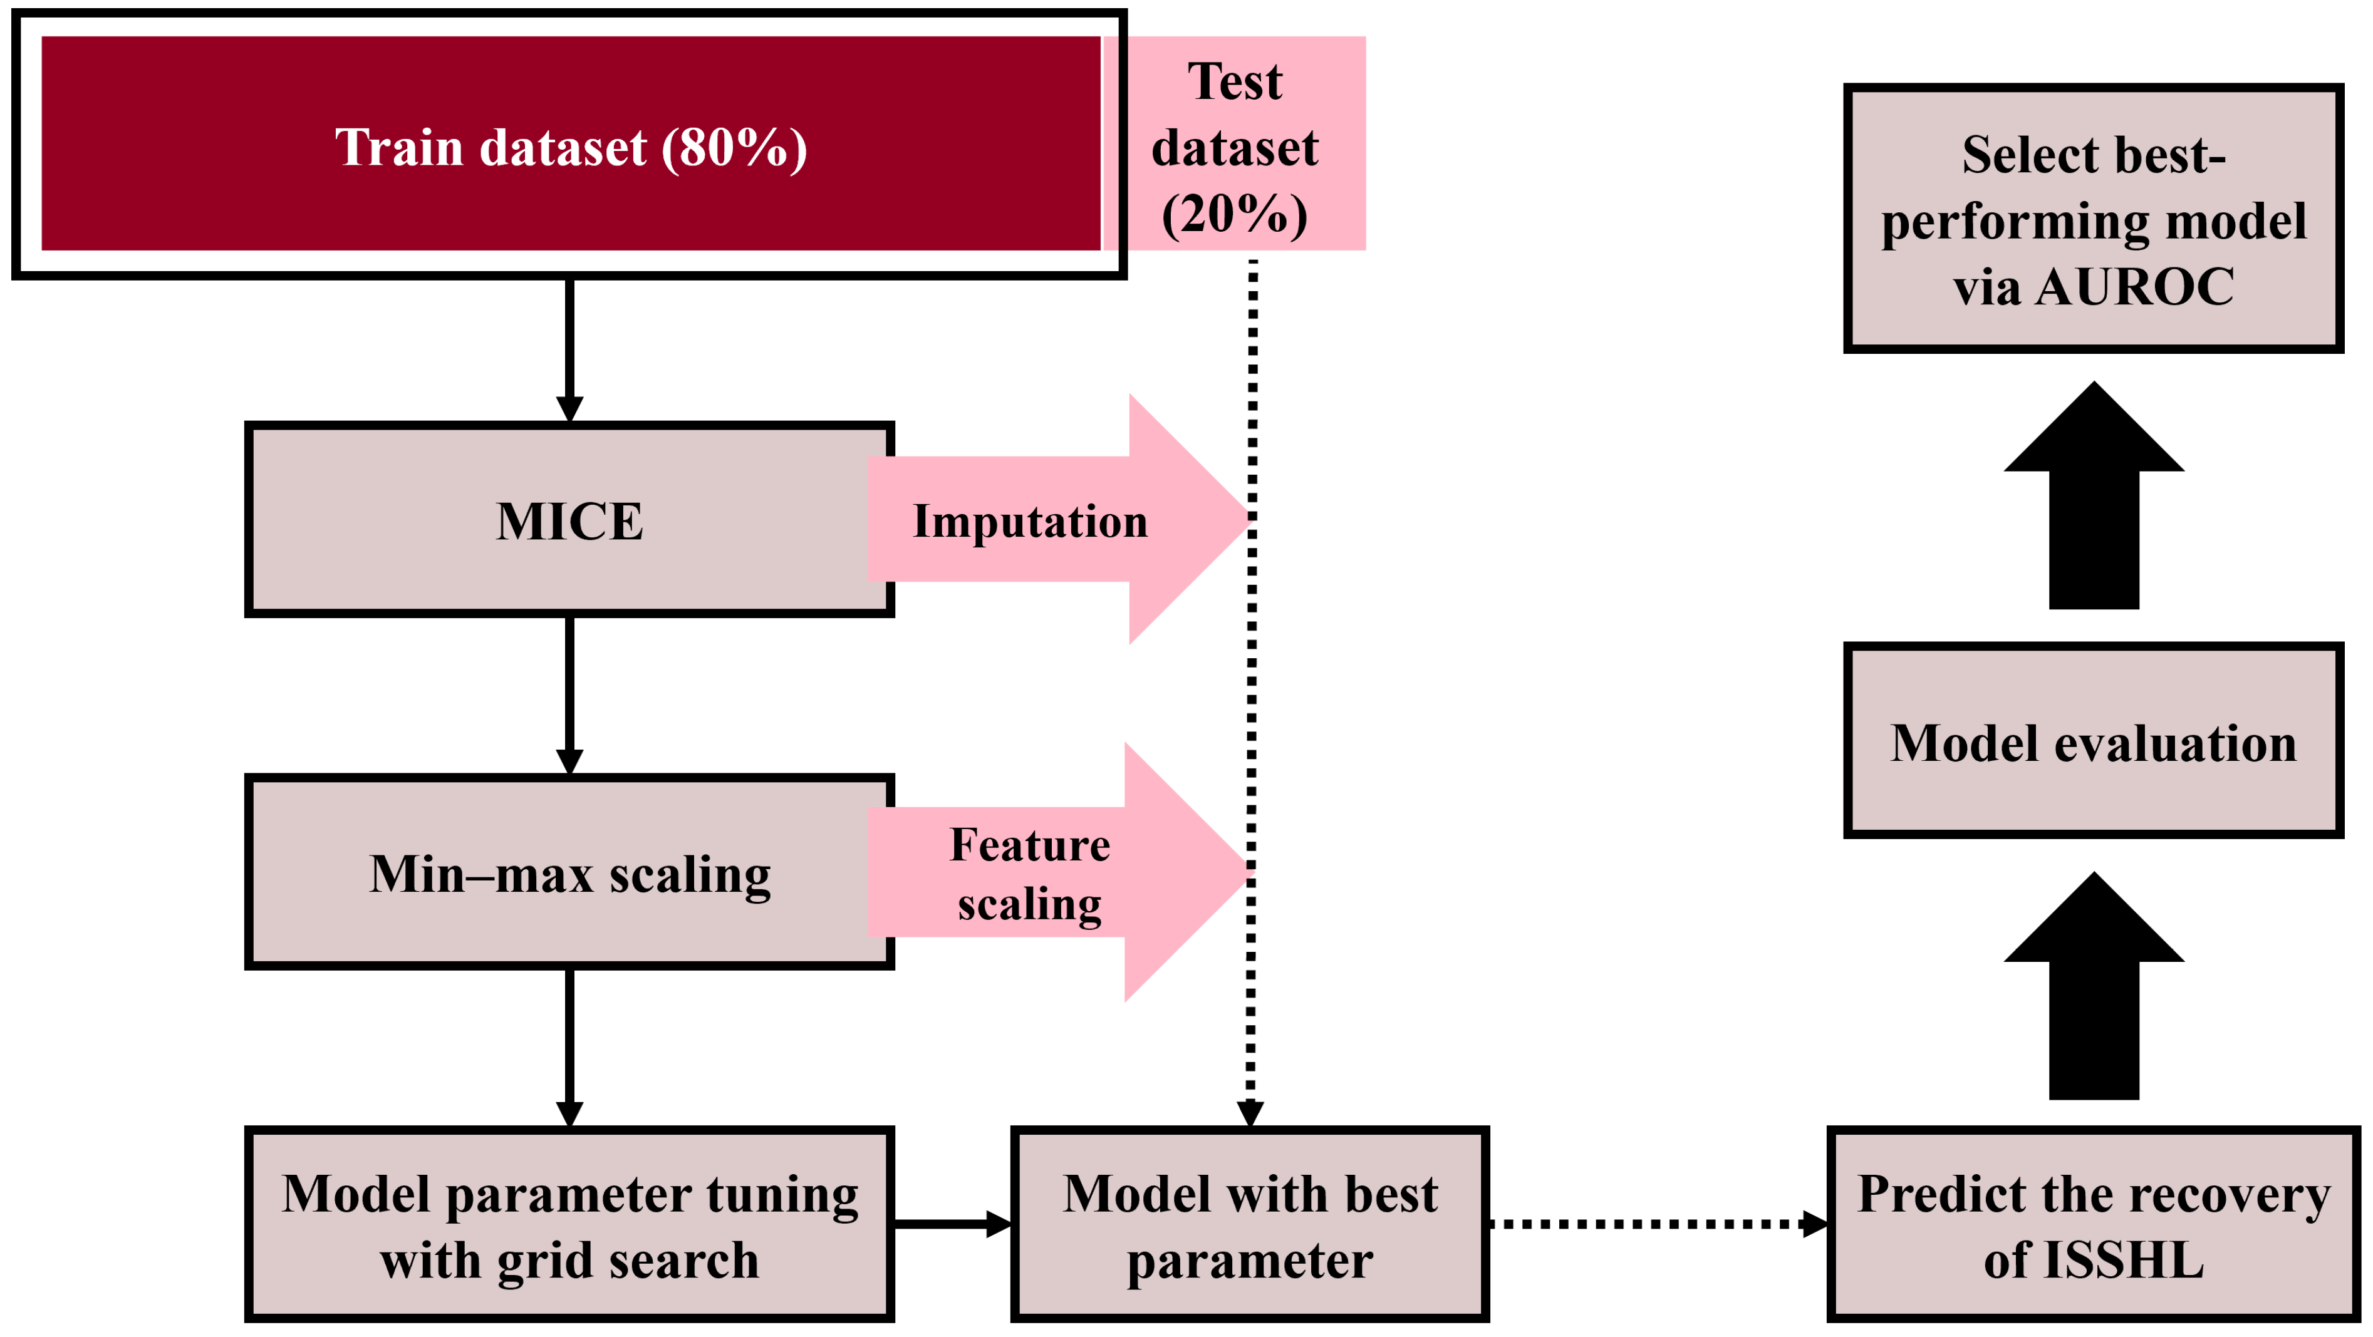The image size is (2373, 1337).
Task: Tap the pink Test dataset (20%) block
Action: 1234,143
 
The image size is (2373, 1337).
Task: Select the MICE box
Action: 569,520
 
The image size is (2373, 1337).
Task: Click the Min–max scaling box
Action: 569,873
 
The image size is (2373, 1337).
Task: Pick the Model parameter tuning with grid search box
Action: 569,1225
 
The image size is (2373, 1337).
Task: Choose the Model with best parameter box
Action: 1249,1225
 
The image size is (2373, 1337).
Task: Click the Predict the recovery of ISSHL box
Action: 2093,1225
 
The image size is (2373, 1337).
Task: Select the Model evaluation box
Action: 2093,741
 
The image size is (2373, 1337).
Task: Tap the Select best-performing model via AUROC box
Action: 2093,219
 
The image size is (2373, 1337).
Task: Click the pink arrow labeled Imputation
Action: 1059,520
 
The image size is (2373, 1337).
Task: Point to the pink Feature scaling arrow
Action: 1059,873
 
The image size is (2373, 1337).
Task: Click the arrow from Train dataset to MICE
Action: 569,350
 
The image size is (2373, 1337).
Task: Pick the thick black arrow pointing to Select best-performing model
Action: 2093,502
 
